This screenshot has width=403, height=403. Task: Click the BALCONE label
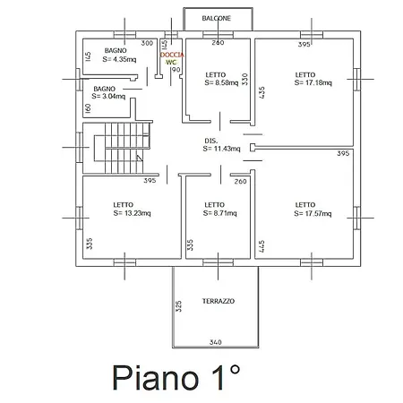coord(217,18)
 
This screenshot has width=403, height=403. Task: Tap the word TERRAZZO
coord(219,301)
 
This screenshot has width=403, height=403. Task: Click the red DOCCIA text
coord(172,55)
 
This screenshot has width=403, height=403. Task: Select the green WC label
coord(171,62)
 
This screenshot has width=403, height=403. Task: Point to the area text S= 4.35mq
coord(119,59)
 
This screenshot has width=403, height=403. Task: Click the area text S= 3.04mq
coord(108,96)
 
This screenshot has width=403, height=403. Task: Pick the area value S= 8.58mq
coord(221,82)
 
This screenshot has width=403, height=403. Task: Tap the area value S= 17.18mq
coord(313,82)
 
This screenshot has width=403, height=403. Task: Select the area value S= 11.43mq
coord(221,149)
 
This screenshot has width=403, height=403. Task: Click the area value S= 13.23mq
coord(132,213)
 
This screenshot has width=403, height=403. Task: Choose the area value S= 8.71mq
coord(220,213)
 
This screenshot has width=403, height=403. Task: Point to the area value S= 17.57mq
coord(313,213)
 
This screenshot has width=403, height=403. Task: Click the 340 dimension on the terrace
coord(216,342)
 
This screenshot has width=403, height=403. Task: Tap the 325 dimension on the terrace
coord(178,306)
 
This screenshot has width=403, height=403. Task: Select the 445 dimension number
coord(262,246)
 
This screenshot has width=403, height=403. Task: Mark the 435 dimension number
coord(262,93)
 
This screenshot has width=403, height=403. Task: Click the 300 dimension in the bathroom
coord(147,43)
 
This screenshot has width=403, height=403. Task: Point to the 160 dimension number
coord(88,108)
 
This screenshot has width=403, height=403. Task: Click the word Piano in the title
coord(156,378)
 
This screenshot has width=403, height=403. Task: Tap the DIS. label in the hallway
coord(211,141)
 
